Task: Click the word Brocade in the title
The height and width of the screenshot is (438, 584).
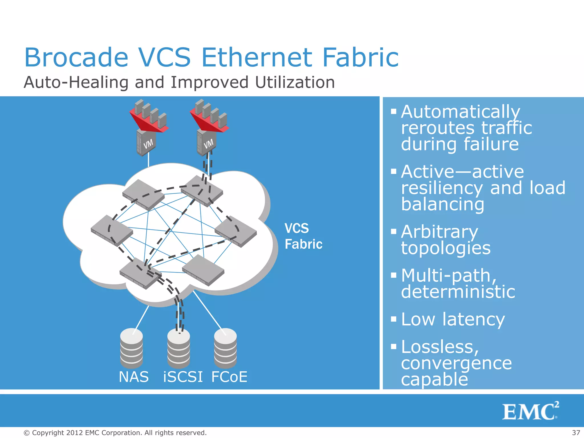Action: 76,58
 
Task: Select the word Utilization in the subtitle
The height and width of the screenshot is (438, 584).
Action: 295,83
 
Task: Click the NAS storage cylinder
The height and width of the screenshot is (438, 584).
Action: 131,348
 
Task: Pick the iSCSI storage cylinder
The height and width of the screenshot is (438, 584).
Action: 179,349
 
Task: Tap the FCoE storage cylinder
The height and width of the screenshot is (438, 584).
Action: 225,348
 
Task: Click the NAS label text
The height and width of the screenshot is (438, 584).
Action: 133,377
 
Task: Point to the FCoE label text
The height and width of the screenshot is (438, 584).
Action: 229,377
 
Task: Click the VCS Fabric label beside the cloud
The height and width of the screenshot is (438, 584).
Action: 303,236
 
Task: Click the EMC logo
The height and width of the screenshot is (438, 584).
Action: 530,411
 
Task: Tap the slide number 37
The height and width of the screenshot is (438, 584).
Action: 576,433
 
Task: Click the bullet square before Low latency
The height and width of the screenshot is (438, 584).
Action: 394,319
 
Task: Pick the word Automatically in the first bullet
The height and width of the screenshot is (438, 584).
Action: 461,111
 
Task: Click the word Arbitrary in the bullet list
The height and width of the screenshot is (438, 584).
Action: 439,232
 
